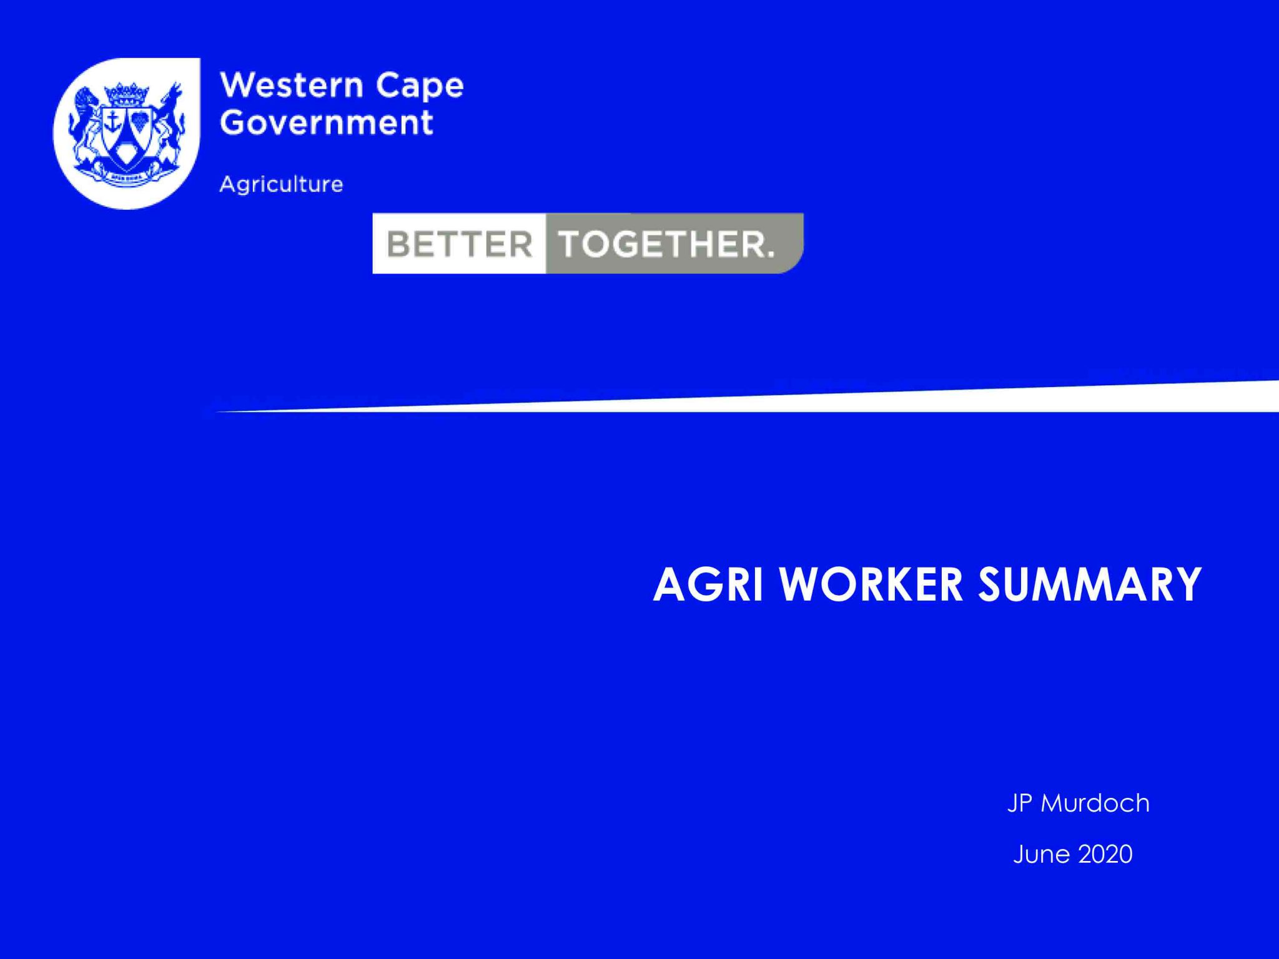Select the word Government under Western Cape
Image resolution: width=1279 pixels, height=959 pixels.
pos(326,122)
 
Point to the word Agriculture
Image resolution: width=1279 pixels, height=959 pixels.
pos(281,184)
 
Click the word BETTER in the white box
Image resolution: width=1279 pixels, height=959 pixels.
pos(460,243)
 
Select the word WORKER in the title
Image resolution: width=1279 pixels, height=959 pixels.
pos(872,585)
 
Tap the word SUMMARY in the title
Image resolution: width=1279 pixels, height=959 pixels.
pos(1089,585)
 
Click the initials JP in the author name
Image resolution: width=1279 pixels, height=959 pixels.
pos(1020,803)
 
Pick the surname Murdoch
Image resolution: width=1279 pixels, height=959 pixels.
pos(1095,803)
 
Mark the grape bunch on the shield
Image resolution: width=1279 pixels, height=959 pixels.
pos(140,120)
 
